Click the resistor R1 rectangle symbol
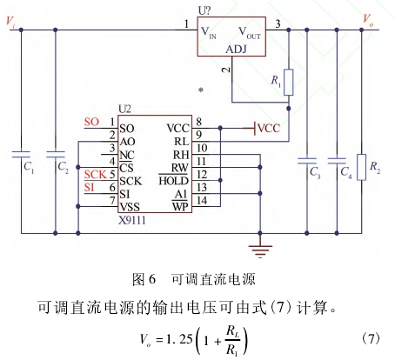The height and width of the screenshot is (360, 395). click(288, 83)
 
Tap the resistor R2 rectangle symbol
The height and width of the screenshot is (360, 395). click(361, 167)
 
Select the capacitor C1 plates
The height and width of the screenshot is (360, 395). click(21, 154)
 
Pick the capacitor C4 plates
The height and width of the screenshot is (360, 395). click(337, 161)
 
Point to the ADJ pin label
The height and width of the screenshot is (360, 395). click(236, 50)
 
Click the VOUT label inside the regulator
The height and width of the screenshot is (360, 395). click(249, 33)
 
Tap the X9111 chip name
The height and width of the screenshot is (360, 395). click(132, 220)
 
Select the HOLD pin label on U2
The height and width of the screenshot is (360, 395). click(173, 181)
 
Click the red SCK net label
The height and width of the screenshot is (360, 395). click(96, 175)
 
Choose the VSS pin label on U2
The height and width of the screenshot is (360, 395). click(130, 207)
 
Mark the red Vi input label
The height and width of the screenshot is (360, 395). click(10, 22)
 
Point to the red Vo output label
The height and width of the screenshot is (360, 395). click(368, 20)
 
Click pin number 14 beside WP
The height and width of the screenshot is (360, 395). click(202, 200)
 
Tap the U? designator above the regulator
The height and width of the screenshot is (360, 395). click(204, 10)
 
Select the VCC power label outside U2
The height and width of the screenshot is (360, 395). click(269, 128)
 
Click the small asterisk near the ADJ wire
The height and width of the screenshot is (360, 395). click(201, 90)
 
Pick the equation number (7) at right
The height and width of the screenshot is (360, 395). click(371, 338)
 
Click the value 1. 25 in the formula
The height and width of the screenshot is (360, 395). click(179, 339)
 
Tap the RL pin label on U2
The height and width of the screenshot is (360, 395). click(181, 142)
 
